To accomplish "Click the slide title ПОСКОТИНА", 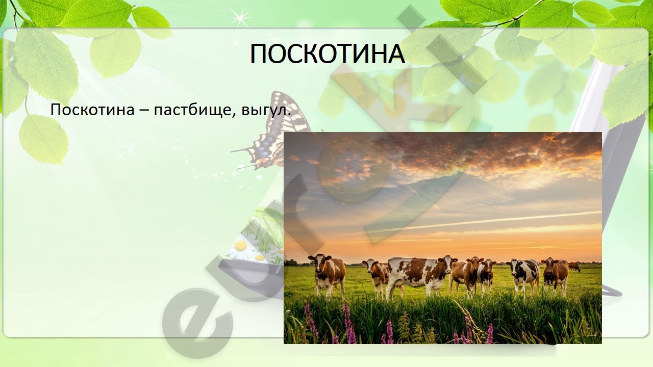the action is click(328, 55).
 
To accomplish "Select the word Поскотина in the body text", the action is click(92, 110).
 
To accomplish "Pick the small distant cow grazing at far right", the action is click(574, 267).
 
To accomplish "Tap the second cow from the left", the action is click(376, 277).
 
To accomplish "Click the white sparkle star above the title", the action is click(240, 17).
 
